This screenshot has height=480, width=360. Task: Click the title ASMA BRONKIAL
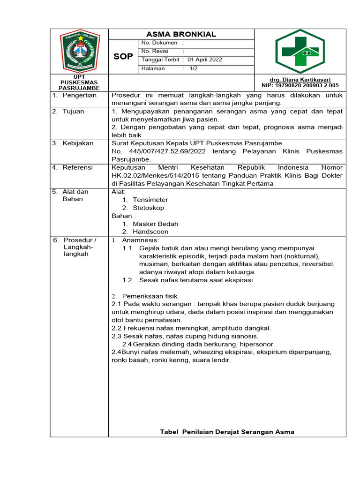(x=181, y=34)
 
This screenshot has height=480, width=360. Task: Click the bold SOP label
(x=123, y=57)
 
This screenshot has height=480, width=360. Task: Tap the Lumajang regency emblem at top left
(x=79, y=52)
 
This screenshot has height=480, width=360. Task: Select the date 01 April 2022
(x=205, y=60)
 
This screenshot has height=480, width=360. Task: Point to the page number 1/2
(x=194, y=68)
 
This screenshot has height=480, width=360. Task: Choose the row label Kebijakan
(x=78, y=143)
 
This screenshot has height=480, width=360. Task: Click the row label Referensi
(x=78, y=167)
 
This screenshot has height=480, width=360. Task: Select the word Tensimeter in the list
(x=150, y=200)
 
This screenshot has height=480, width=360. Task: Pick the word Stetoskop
(x=148, y=208)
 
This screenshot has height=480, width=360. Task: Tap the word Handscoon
(x=150, y=232)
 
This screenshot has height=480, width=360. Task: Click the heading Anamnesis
(x=141, y=240)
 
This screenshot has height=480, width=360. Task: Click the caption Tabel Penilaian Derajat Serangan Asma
(x=227, y=432)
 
